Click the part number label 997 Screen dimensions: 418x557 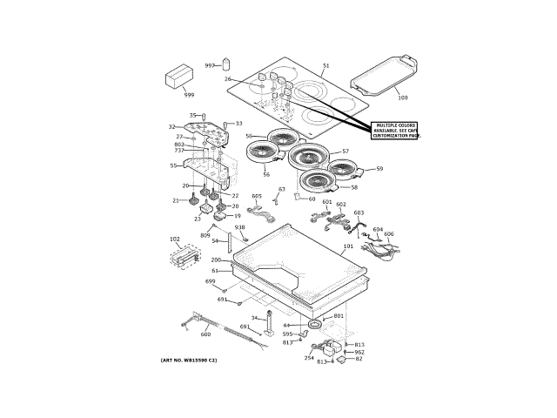click(210, 66)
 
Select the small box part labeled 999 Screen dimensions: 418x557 click(182, 78)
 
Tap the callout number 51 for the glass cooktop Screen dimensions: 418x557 click(326, 66)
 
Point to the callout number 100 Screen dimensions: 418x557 click(401, 98)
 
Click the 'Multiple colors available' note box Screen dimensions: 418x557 click(397, 131)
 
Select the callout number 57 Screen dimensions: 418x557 click(346, 151)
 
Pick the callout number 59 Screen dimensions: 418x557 click(379, 169)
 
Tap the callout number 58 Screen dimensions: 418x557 click(354, 187)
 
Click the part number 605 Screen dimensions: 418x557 click(257, 197)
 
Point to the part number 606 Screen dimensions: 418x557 click(389, 233)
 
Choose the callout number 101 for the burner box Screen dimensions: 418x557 click(348, 246)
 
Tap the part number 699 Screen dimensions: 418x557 click(210, 281)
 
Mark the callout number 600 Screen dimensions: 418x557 click(205, 334)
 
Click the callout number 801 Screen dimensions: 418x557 click(339, 315)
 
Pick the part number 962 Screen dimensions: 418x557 click(359, 352)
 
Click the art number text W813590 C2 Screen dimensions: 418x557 click(189, 360)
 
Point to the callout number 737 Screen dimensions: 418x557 click(178, 151)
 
